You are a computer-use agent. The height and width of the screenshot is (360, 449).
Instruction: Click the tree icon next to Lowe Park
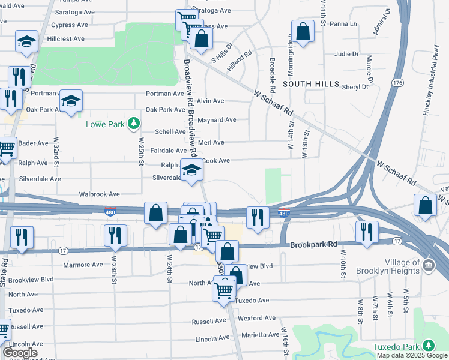click(x=134, y=124)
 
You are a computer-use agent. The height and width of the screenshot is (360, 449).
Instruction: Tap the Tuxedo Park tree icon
click(x=428, y=346)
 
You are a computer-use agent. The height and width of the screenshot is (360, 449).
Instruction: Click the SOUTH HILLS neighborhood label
click(x=311, y=85)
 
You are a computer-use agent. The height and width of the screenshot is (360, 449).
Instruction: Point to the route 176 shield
click(x=397, y=83)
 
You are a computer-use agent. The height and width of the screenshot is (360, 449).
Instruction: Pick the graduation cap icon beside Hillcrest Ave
click(x=26, y=41)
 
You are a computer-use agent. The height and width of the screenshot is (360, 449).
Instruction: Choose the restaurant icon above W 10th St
click(x=366, y=232)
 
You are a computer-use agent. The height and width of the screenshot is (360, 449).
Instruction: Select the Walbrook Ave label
click(x=100, y=194)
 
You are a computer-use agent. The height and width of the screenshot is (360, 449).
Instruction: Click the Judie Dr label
click(x=346, y=54)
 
